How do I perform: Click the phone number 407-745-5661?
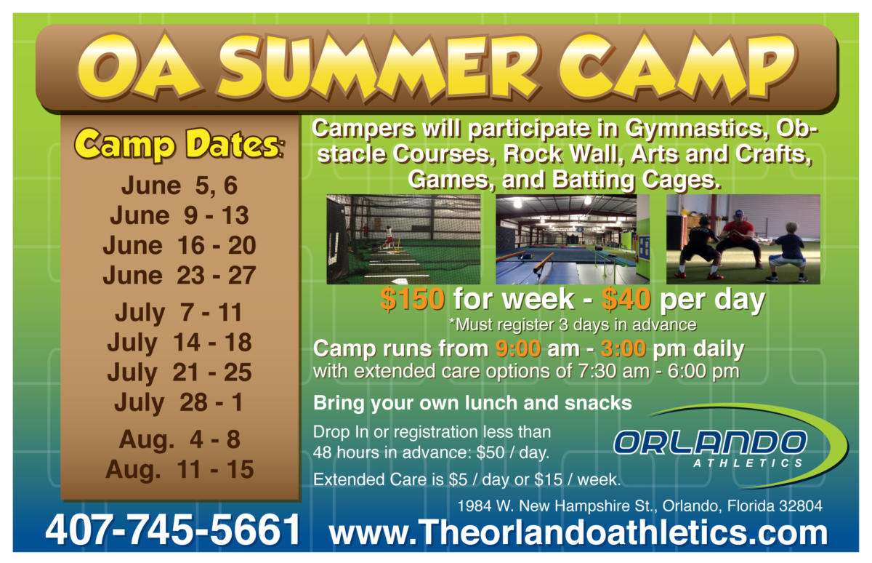coord(173,530)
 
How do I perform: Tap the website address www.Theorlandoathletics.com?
coord(578,532)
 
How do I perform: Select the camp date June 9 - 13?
coord(179,215)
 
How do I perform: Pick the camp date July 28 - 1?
coord(179,402)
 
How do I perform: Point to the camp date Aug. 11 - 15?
coord(179,469)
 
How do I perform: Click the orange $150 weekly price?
coord(412,299)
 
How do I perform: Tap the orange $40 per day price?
coord(626,299)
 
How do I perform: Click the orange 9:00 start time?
coord(518,348)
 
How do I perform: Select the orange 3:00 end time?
coord(623,348)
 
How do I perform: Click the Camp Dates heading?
coord(179,145)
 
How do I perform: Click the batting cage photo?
coord(403,239)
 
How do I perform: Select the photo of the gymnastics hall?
coord(573,239)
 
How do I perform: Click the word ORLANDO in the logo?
coord(710,443)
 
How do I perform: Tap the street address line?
coord(639,506)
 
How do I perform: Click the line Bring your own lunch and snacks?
coord(472,403)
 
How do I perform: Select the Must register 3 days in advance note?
coord(573,324)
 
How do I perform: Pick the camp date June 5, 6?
coord(179,185)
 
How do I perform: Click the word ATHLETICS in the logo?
coord(748,463)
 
